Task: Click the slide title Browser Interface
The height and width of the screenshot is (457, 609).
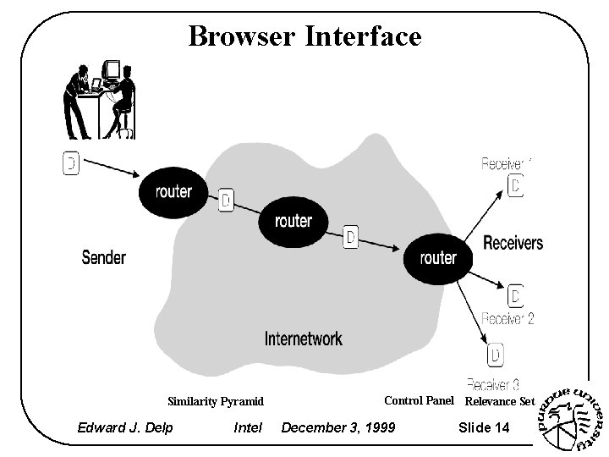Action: coord(304,36)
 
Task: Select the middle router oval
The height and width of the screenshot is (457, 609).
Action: coord(294,221)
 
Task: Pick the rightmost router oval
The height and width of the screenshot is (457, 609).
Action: coord(437,257)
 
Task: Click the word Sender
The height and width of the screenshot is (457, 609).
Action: coord(103,256)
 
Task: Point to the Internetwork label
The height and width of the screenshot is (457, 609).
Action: coord(304,339)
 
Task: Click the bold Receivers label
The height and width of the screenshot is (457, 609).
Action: coord(513,243)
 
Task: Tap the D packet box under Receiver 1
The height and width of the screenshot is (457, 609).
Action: coord(516,186)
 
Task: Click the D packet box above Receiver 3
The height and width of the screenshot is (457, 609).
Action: coord(497,354)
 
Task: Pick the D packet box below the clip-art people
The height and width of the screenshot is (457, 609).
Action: coord(71,163)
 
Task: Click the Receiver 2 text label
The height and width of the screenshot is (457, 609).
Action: coord(507,319)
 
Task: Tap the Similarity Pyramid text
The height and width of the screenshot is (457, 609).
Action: coord(216,401)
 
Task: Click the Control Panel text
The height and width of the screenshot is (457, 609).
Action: coord(419,400)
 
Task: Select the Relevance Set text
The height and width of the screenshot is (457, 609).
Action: coord(501,401)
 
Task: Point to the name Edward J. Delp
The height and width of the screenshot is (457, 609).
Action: coord(125,427)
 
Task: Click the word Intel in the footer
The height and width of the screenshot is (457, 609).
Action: coord(248,427)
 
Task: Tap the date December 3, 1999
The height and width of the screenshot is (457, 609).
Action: coord(337,427)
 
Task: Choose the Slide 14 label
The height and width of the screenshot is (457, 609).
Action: coord(484,427)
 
